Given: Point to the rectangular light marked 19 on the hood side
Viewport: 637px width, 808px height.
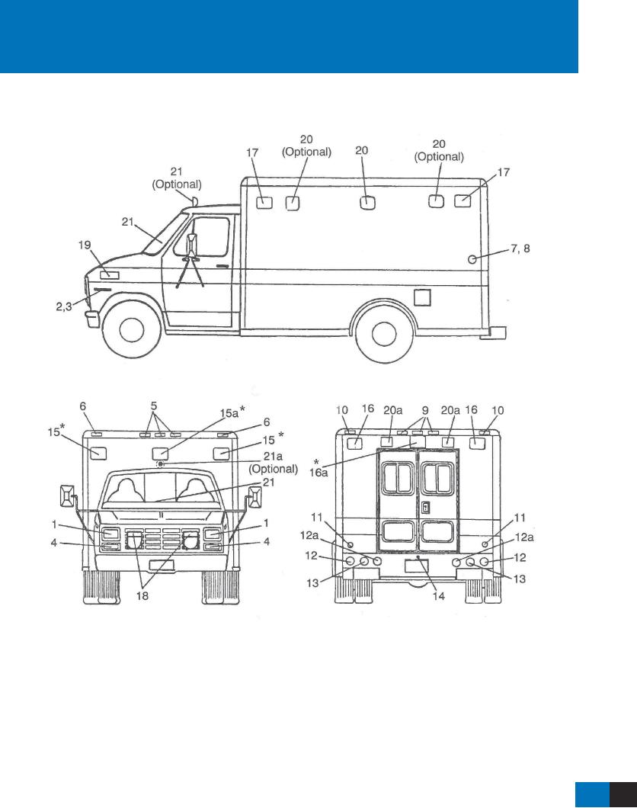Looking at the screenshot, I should [108, 274].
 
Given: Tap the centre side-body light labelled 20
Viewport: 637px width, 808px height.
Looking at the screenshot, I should [367, 202].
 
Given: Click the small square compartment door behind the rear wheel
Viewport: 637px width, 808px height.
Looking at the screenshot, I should [422, 296].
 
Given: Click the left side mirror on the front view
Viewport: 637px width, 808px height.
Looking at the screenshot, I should [66, 499].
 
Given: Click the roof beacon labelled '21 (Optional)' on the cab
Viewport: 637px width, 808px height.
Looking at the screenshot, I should [194, 201].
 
